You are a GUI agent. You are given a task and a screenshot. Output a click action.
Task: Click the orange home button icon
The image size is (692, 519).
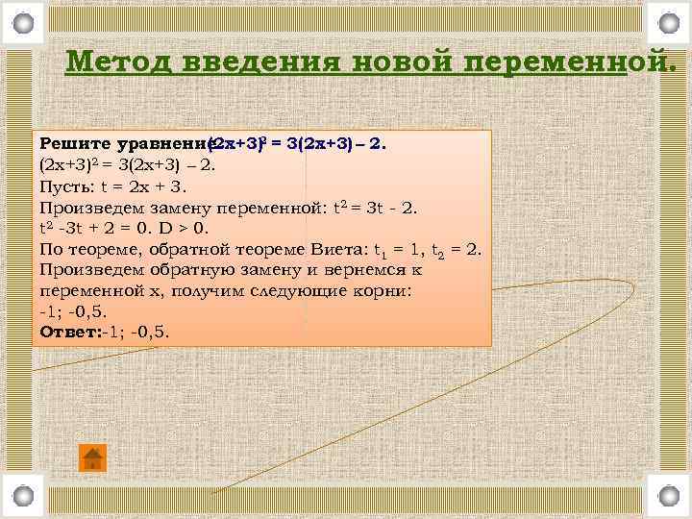click(x=92, y=457)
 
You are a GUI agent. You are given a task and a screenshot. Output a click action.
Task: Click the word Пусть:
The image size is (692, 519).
click(x=66, y=186)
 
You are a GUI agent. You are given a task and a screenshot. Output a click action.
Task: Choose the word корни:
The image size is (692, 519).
click(x=378, y=290)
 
